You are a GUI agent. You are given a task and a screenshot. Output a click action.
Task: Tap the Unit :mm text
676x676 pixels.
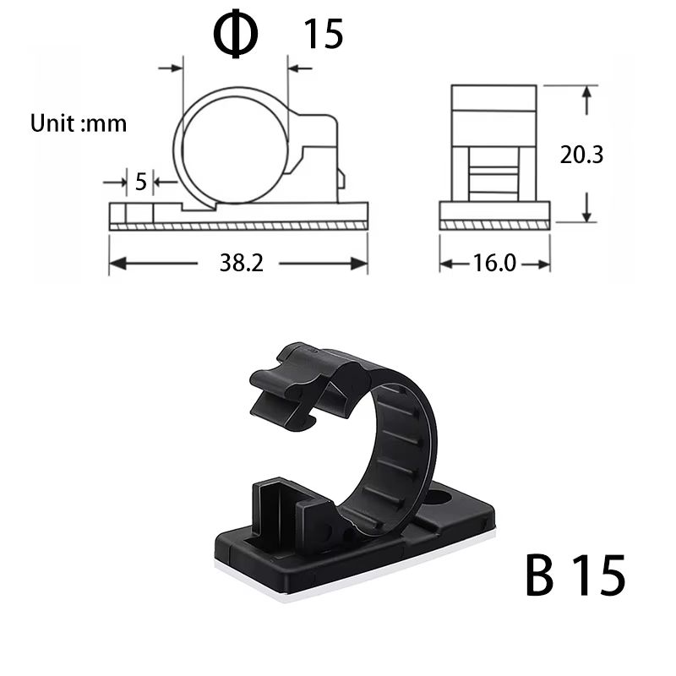[79, 123]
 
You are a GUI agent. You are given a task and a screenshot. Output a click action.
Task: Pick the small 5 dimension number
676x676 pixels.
[140, 181]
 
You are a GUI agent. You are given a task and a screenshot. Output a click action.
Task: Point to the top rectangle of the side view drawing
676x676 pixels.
[493, 98]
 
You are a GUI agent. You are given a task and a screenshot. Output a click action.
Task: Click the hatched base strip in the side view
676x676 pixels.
[494, 224]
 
